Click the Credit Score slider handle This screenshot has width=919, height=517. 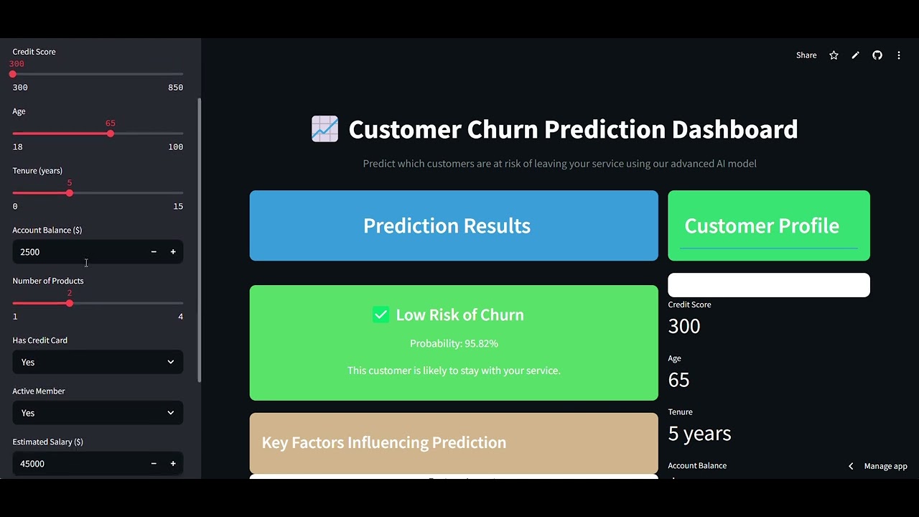click(13, 74)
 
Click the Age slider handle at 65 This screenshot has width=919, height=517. click(110, 134)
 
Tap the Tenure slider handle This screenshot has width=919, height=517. click(69, 193)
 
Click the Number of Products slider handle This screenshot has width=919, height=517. click(69, 303)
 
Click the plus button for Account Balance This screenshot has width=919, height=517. click(173, 252)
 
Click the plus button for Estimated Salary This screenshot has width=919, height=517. click(173, 464)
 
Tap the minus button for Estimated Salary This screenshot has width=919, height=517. click(154, 464)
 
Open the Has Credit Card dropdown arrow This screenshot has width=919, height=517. click(171, 362)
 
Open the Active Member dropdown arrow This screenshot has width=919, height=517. click(171, 413)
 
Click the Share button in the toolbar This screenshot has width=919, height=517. click(806, 55)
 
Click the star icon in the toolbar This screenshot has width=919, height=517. click(834, 55)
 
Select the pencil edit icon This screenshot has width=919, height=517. click(855, 55)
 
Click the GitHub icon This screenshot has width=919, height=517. click(877, 55)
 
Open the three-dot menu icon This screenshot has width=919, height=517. click(899, 55)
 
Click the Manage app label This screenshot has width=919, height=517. click(885, 466)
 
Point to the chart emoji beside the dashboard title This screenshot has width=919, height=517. click(325, 129)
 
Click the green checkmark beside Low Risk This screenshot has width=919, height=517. click(381, 315)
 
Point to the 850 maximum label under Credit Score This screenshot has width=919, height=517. click(175, 88)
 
